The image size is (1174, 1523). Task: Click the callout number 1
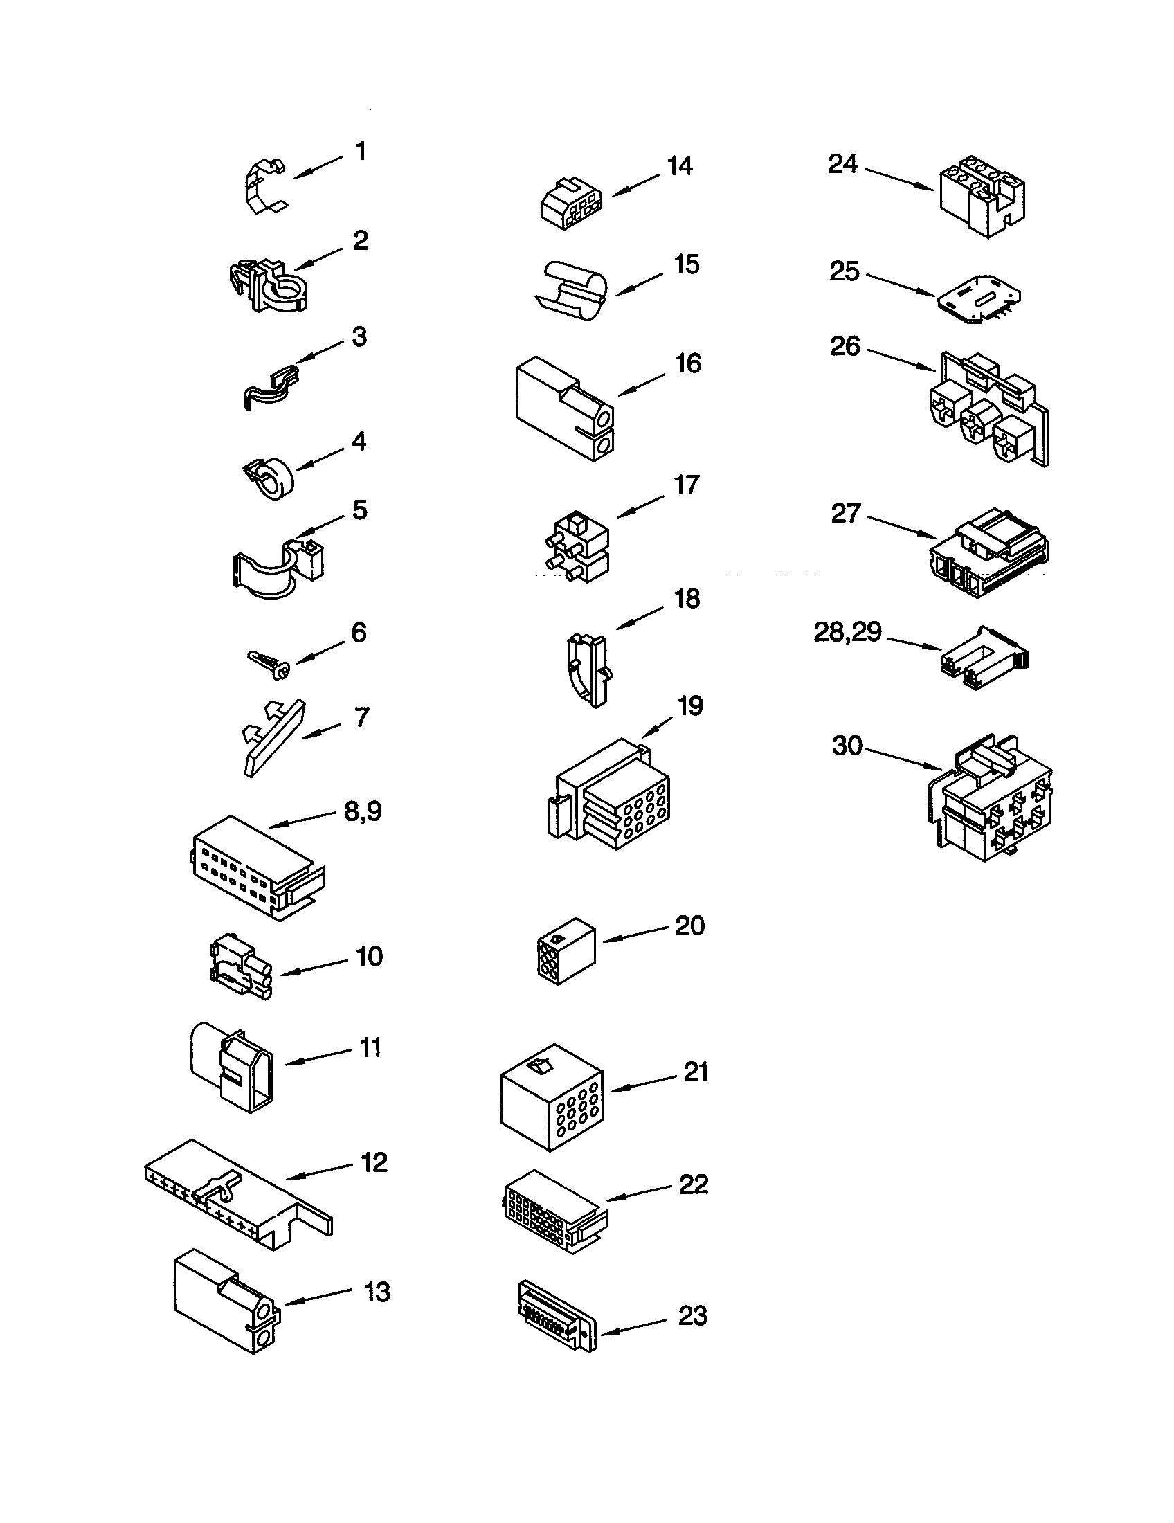tap(361, 151)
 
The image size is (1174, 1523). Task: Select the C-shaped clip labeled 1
tap(266, 186)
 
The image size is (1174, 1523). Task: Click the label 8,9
tap(363, 811)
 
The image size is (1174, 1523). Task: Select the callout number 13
tap(377, 1292)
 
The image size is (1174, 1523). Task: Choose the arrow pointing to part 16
tap(642, 384)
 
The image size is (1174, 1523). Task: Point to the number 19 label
tap(690, 705)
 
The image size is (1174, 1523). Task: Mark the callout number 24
tap(842, 164)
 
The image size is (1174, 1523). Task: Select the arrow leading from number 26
tap(901, 357)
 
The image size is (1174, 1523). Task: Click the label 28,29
tap(848, 633)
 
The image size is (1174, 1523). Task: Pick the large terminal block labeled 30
tap(991, 800)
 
